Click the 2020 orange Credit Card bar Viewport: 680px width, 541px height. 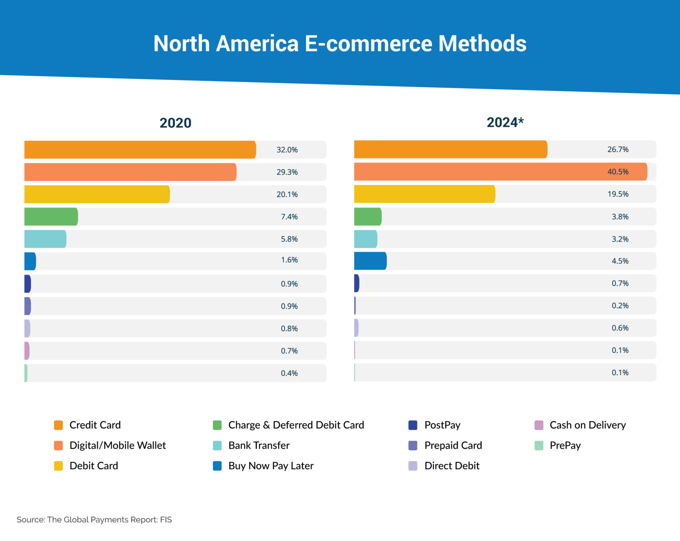coord(140,150)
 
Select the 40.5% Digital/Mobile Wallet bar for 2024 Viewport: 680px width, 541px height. coord(500,172)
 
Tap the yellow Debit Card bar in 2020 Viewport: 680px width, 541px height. coord(97,194)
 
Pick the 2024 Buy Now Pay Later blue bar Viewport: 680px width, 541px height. coord(370,261)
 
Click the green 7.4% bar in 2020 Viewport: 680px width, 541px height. coord(51,217)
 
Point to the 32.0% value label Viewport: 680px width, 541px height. coord(287,150)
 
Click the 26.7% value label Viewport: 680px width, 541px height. coord(618,150)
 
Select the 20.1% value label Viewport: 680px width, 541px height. coord(287,195)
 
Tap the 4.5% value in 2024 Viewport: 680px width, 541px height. coord(620,261)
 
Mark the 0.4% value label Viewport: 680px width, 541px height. coord(289,373)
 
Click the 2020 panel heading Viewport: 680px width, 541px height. coord(175,123)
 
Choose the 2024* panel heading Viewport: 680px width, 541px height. coord(505,122)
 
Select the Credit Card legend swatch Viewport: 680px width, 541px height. coord(58,425)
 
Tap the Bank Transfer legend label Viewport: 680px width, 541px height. coord(259,445)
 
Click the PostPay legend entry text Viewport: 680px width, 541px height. coord(442,425)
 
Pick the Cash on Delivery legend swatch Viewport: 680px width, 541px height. coord(539,425)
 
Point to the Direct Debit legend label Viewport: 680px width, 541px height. coord(452,466)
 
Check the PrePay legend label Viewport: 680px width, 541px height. coord(565,445)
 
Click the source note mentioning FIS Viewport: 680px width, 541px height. coord(94,520)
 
